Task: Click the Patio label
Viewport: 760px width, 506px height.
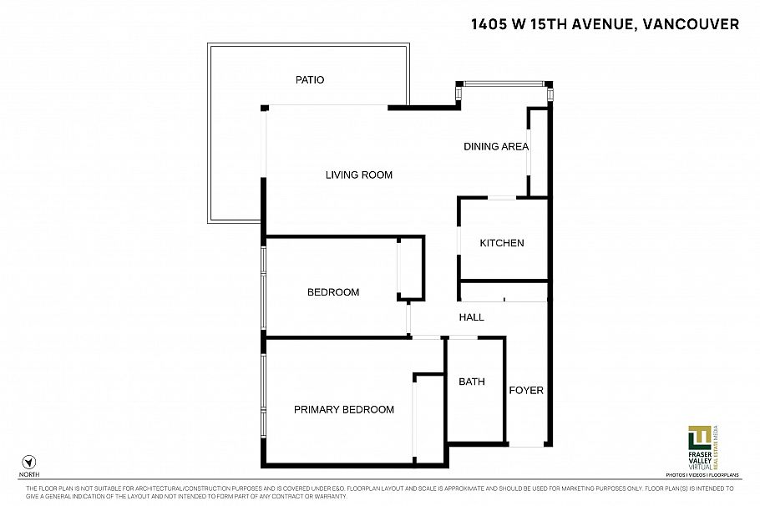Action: point(309,80)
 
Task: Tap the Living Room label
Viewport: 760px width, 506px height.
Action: point(358,175)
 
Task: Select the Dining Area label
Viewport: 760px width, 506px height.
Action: point(496,147)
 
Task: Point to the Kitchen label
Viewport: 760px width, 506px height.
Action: point(502,243)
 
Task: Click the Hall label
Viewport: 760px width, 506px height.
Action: point(472,317)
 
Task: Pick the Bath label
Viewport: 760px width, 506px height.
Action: point(472,382)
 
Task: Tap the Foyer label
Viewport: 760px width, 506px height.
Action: point(526,390)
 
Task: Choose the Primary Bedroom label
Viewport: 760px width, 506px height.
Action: point(343,409)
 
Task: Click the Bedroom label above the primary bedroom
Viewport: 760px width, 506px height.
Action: point(333,292)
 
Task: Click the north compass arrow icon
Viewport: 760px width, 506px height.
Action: point(30,461)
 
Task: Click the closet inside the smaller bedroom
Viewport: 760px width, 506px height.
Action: point(410,269)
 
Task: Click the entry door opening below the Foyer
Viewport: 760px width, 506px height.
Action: point(526,446)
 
